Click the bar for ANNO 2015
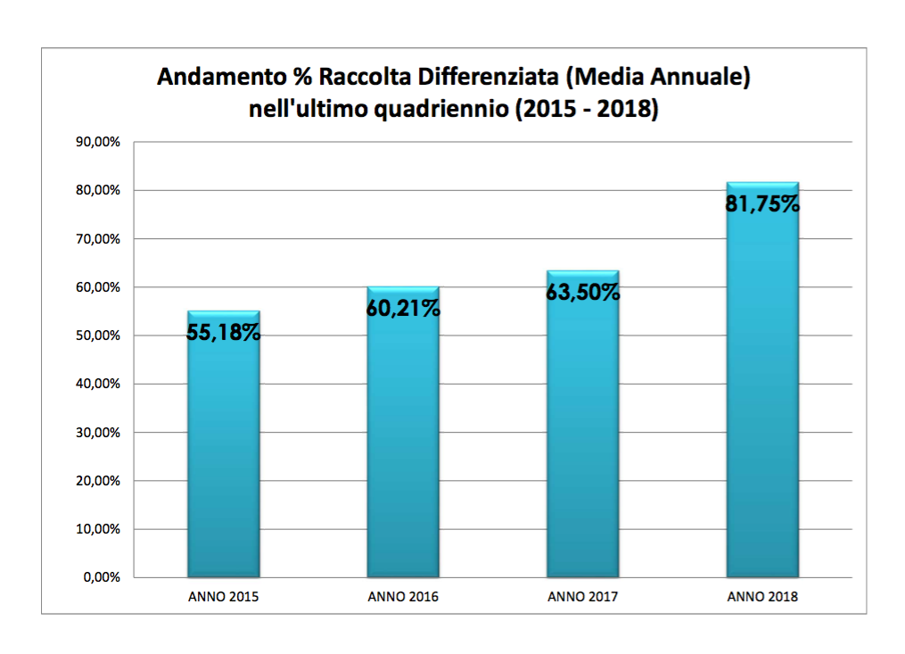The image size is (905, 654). pyautogui.click(x=223, y=455)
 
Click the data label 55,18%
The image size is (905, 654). pyautogui.click(x=224, y=333)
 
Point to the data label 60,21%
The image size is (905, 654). pyautogui.click(x=403, y=309)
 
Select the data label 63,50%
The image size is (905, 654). pyautogui.click(x=583, y=293)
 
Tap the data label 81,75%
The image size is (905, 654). pyautogui.click(x=762, y=204)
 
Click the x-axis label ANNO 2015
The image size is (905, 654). pyautogui.click(x=224, y=597)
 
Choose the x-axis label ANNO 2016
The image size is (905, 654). pyautogui.click(x=403, y=597)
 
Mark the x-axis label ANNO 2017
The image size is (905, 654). pyautogui.click(x=583, y=597)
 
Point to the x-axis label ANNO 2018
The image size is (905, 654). pyautogui.click(x=762, y=597)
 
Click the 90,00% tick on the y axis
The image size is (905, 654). pyautogui.click(x=101, y=142)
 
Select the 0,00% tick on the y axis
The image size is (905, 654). pyautogui.click(x=103, y=577)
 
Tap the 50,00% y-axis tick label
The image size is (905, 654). pyautogui.click(x=101, y=335)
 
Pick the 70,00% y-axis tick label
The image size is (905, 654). pyautogui.click(x=101, y=239)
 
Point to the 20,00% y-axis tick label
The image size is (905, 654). pyautogui.click(x=101, y=481)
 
